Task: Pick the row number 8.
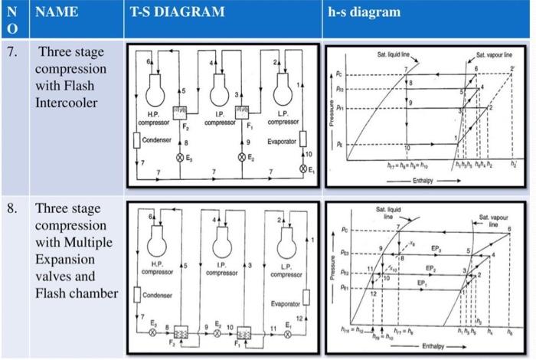[x=10, y=209]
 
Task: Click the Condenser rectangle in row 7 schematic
[x=136, y=141]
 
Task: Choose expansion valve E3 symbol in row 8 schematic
[x=152, y=333]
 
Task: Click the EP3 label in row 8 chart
[x=436, y=250]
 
